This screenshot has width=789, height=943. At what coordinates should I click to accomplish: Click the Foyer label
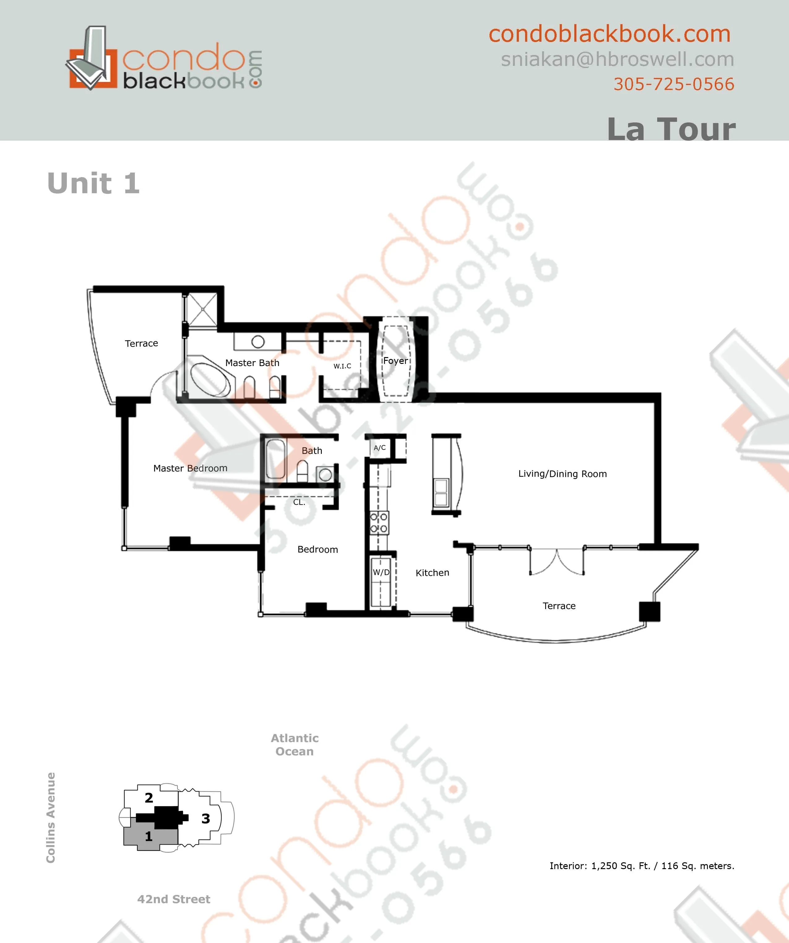click(x=395, y=361)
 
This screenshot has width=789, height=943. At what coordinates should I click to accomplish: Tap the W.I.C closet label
click(x=343, y=366)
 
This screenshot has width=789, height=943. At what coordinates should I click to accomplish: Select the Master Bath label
click(x=252, y=363)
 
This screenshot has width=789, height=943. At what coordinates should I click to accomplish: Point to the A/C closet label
click(x=380, y=448)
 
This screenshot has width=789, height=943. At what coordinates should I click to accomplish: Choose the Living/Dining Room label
click(x=563, y=474)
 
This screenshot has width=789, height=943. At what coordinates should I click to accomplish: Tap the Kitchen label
click(x=432, y=573)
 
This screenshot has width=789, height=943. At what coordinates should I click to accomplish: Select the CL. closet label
click(x=299, y=502)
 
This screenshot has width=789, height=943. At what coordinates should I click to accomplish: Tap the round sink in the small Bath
click(x=325, y=475)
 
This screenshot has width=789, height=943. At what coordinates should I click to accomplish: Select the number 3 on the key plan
click(x=206, y=819)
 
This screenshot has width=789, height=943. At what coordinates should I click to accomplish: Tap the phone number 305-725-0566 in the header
click(x=674, y=84)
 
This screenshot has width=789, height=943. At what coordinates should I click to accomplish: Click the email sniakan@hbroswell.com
click(x=617, y=59)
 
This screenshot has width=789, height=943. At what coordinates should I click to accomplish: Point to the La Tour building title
click(x=671, y=129)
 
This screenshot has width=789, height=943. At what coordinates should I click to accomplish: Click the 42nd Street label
click(x=174, y=899)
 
